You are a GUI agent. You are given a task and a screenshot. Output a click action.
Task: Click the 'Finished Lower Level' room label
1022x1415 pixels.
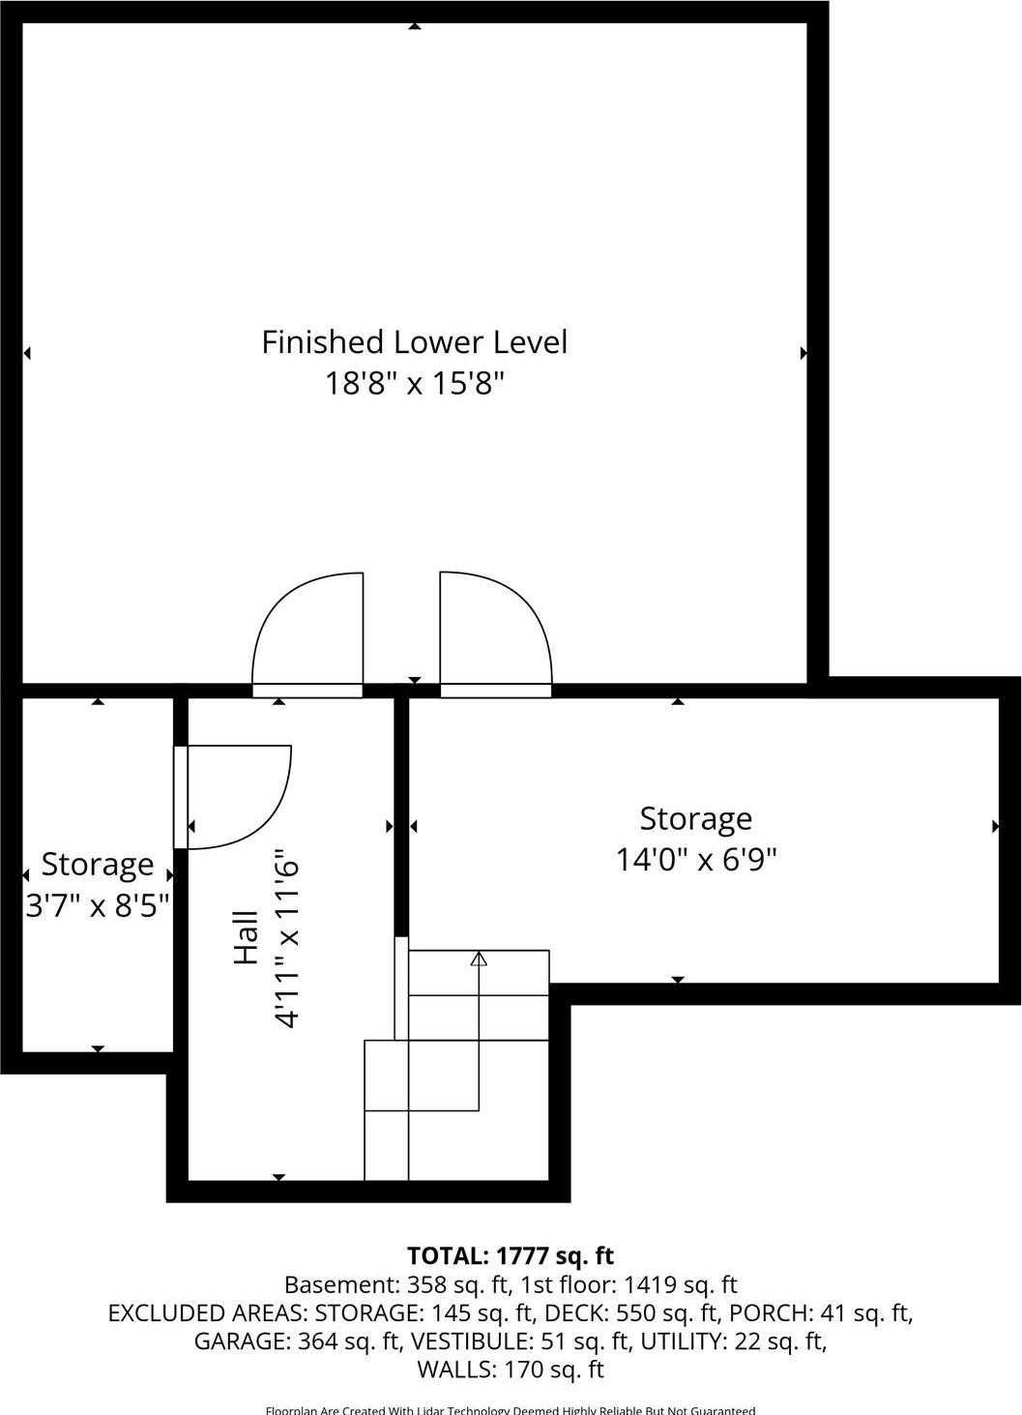pyautogui.click(x=414, y=342)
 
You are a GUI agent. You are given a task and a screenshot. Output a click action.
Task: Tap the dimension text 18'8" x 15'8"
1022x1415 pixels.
pyautogui.click(x=414, y=384)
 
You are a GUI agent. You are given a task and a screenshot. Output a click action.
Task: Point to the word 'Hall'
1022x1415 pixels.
pyautogui.click(x=247, y=937)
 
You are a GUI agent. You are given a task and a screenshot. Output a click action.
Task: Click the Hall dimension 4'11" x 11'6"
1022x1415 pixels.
pyautogui.click(x=287, y=937)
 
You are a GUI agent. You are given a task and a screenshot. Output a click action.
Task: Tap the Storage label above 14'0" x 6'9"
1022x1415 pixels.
pyautogui.click(x=695, y=818)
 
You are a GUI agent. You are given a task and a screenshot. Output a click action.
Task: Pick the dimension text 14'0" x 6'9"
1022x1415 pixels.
pyautogui.click(x=696, y=859)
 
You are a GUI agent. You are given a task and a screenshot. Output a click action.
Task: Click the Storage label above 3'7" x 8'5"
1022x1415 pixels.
pyautogui.click(x=98, y=864)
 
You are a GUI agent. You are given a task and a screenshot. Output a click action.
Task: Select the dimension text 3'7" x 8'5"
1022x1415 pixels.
pyautogui.click(x=98, y=906)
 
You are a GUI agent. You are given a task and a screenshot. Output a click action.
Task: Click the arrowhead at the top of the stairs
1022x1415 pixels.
pyautogui.click(x=479, y=958)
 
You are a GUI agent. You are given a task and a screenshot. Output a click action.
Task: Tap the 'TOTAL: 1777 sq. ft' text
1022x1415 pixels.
pyautogui.click(x=511, y=1255)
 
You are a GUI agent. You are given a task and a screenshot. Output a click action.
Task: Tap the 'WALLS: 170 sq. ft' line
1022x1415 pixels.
pyautogui.click(x=510, y=1370)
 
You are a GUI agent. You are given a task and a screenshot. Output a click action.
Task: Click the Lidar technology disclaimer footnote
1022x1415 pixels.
pyautogui.click(x=510, y=1410)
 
